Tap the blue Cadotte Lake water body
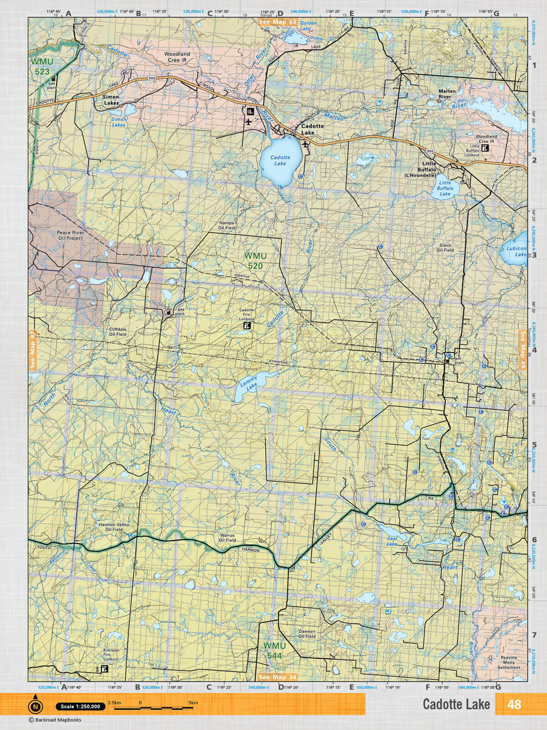pos(279,162)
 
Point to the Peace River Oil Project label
pos(70,235)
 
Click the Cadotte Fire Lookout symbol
pos(246,326)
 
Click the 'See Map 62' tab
pos(278,22)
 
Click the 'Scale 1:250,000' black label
pos(80,706)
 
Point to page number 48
pos(514,704)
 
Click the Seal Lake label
pos(392,542)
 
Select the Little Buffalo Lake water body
pos(444,188)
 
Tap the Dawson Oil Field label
pos(307,634)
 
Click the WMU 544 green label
pos(274,651)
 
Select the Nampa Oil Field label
pos(227,225)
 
